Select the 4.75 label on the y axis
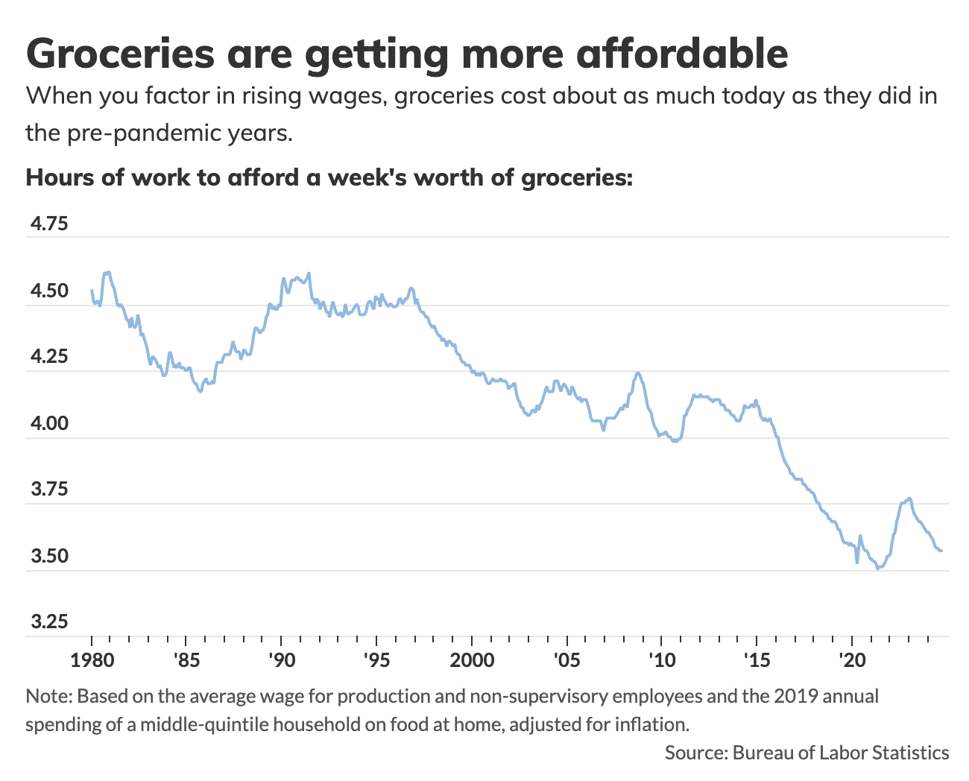point(47,224)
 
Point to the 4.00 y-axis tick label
point(47,424)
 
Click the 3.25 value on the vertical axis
point(47,622)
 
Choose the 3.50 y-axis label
point(47,557)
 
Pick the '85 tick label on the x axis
point(186,660)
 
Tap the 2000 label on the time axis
point(471,660)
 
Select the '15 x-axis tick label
point(757,660)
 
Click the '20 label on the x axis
point(851,660)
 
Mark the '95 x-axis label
point(376,660)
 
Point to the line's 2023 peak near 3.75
point(909,498)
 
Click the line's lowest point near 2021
point(878,569)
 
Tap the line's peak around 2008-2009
point(638,373)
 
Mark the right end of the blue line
point(941,551)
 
